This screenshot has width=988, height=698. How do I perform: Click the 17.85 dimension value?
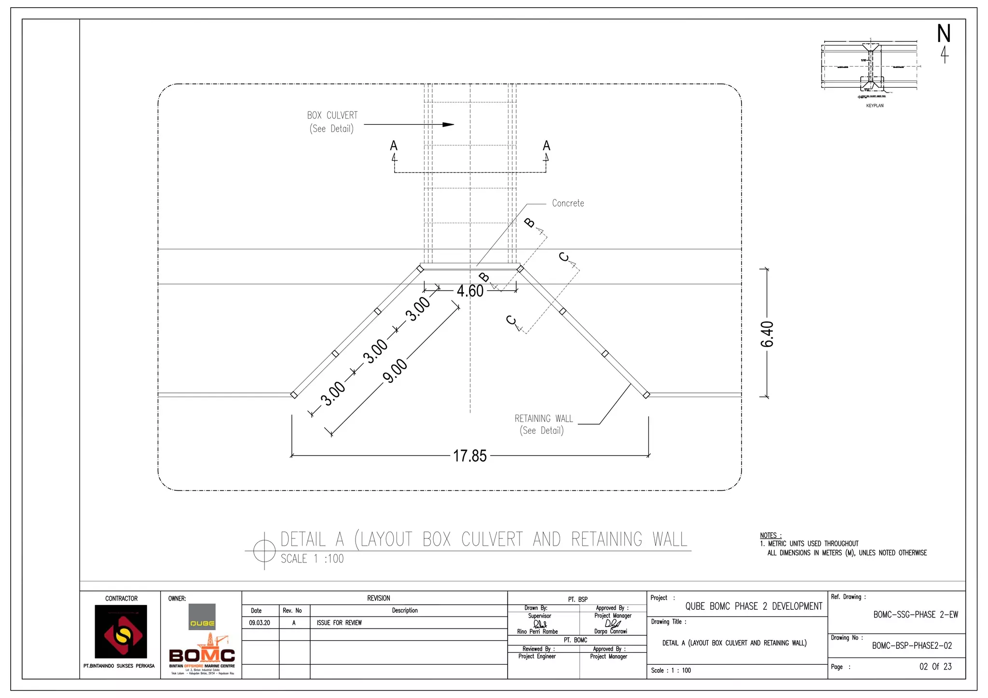tap(470, 456)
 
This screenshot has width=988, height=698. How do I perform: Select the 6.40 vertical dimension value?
tap(767, 334)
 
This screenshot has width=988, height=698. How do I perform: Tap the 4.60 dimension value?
tap(470, 291)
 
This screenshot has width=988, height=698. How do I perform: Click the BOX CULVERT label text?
tap(332, 116)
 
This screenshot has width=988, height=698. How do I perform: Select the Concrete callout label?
tap(568, 203)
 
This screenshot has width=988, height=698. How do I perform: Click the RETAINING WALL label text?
tap(544, 418)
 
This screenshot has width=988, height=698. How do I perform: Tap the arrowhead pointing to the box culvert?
tap(448, 124)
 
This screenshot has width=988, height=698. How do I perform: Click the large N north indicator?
tap(944, 34)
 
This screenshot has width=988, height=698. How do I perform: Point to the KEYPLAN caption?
tap(875, 106)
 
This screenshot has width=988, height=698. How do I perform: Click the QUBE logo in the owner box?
tap(202, 617)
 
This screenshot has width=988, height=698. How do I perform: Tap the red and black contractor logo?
tap(121, 631)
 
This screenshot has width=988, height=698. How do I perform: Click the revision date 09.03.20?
tap(260, 623)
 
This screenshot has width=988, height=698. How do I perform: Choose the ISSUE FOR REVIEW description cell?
tap(339, 623)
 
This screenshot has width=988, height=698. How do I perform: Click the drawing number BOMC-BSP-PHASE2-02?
tap(912, 646)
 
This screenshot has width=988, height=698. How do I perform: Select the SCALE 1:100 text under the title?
tap(312, 559)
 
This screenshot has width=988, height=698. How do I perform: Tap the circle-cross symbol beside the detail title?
tap(264, 550)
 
